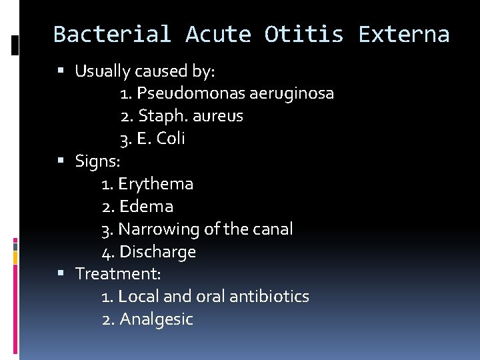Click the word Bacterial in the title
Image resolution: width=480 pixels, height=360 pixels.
pyautogui.click(x=112, y=34)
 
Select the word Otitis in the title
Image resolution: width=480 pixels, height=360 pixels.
pyautogui.click(x=303, y=34)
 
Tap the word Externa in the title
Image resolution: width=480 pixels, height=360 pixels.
pyautogui.click(x=404, y=34)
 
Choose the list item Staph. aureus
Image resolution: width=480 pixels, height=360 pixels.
pyautogui.click(x=182, y=116)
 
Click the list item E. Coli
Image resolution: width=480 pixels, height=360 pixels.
pyautogui.click(x=153, y=139)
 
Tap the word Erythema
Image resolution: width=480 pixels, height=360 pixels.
pyautogui.click(x=155, y=183)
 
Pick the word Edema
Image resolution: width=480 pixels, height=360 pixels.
pyautogui.click(x=145, y=206)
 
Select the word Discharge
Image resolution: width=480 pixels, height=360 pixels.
pyautogui.click(x=157, y=251)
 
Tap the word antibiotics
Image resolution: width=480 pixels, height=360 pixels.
pyautogui.click(x=269, y=296)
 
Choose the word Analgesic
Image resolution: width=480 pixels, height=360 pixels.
pyautogui.click(x=156, y=319)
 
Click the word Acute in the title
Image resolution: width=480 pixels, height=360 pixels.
pyautogui.click(x=217, y=34)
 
